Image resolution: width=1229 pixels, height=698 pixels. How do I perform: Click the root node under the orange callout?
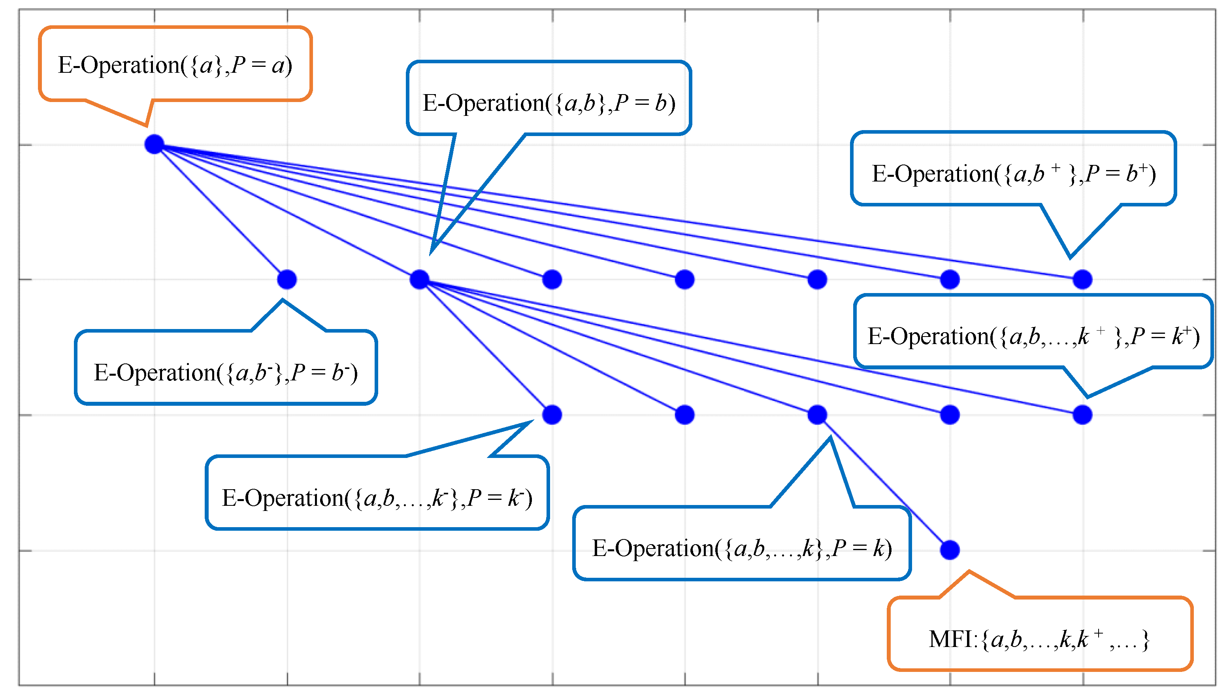pos(154,144)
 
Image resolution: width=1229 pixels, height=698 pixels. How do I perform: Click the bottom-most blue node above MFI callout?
pos(950,550)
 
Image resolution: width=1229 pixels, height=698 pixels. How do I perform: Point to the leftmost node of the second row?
pos(287,279)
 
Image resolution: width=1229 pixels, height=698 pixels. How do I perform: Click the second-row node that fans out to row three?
pos(420,279)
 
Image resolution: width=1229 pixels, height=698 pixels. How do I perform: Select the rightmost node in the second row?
pos(1082,279)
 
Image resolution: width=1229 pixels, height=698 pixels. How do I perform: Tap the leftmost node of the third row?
pos(552,415)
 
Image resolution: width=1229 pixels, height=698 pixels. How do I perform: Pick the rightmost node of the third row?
pos(1082,415)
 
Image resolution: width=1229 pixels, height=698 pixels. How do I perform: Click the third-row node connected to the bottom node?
pos(817,415)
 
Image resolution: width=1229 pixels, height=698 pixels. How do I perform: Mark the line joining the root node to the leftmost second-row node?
pos(221,212)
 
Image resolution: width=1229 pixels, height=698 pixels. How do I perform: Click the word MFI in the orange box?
pos(950,639)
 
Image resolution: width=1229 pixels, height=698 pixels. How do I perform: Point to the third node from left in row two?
pos(552,279)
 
